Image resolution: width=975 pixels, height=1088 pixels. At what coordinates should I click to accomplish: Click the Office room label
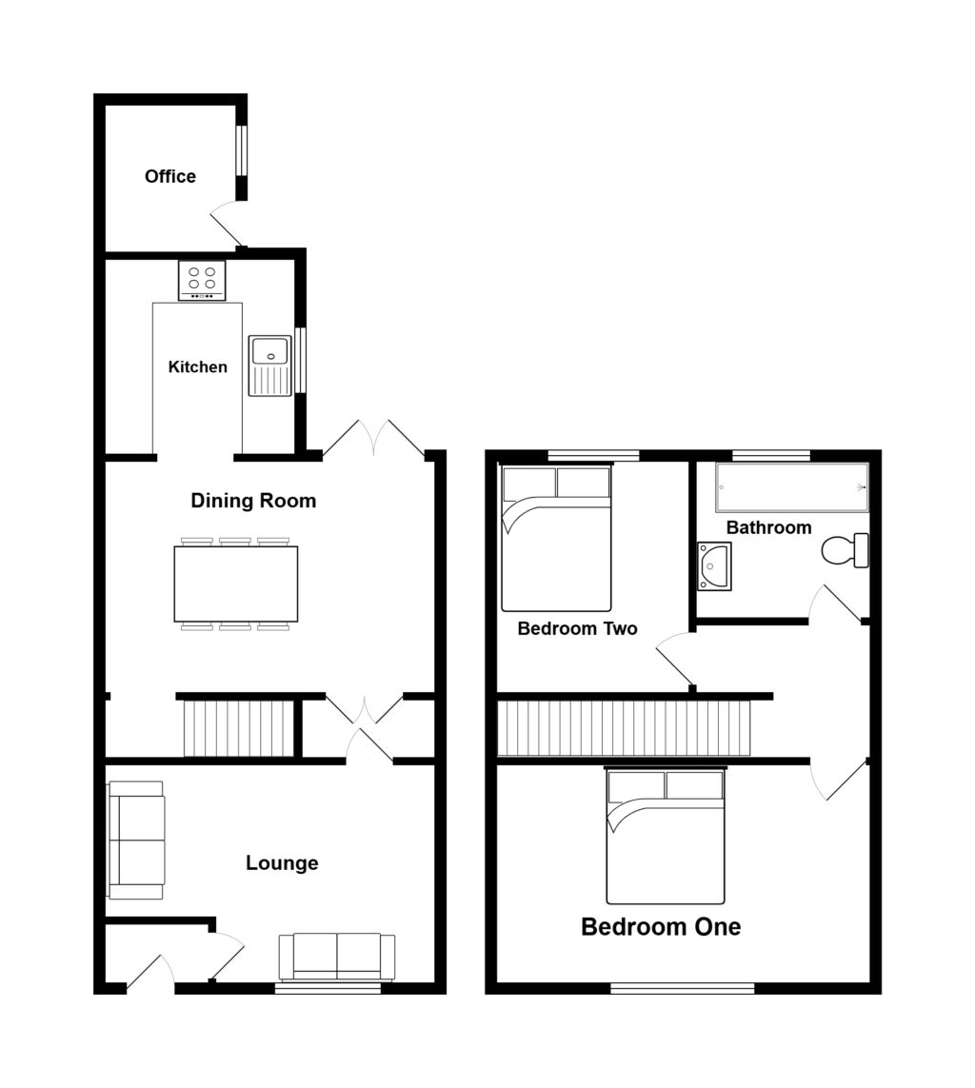[170, 176]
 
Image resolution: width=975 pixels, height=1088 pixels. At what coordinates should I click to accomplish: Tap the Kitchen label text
[198, 366]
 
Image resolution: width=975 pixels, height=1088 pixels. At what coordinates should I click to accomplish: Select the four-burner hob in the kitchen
[202, 280]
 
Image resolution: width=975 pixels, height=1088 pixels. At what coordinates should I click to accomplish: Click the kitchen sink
[269, 365]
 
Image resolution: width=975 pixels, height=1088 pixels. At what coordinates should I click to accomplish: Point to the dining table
[236, 583]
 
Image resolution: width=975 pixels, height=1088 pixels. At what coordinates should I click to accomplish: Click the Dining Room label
[253, 501]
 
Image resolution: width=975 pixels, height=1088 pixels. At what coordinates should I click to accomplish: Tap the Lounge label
[282, 863]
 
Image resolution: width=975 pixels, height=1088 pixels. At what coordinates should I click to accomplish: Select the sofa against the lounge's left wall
[136, 840]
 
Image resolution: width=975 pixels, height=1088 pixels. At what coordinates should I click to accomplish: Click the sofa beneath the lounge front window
[337, 956]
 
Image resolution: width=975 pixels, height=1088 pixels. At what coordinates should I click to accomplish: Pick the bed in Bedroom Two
[556, 539]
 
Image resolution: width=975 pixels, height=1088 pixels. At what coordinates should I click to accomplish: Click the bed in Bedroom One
[666, 836]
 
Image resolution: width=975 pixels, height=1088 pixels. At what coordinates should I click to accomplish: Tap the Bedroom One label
[661, 926]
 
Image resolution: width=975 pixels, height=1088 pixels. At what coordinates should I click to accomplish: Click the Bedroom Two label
[577, 629]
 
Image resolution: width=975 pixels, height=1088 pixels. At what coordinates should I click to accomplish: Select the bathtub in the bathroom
[792, 487]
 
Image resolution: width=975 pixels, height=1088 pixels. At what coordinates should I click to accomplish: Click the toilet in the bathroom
[846, 550]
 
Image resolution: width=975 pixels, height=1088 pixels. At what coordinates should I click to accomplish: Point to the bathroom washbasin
[713, 566]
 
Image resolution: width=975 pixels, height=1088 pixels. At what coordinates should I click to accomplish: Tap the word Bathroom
[768, 527]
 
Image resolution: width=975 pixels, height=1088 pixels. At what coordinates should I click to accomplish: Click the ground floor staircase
[238, 728]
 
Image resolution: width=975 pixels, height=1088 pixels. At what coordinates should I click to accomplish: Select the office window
[241, 150]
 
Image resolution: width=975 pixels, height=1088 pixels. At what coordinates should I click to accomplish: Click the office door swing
[227, 225]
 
